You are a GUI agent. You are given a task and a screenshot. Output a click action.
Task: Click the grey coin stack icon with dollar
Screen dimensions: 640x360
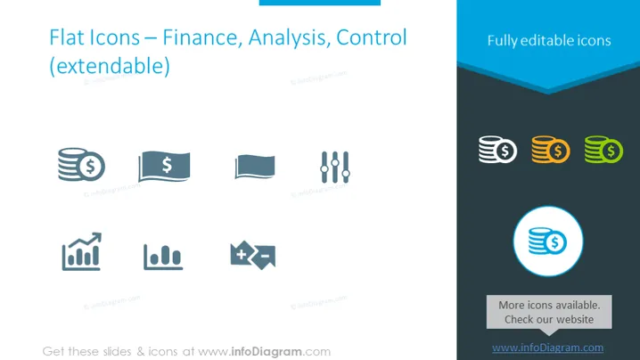(81, 164)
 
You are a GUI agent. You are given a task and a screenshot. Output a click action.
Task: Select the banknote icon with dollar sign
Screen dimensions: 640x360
(164, 166)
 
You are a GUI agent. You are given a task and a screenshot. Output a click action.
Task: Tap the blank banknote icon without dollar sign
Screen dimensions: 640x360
(255, 167)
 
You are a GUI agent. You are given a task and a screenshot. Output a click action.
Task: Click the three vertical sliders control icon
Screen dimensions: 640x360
(335, 168)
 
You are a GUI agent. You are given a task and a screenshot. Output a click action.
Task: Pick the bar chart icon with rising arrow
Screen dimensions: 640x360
(82, 251)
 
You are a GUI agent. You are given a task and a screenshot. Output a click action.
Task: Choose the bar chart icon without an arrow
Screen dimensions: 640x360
(163, 257)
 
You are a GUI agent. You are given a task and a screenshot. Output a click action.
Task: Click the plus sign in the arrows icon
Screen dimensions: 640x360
(242, 254)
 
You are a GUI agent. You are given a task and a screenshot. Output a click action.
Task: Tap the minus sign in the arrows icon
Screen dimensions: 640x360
(265, 257)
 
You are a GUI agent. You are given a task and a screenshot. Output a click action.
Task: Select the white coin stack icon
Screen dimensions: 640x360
(497, 150)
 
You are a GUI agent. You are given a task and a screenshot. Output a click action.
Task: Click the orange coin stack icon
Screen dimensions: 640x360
(551, 150)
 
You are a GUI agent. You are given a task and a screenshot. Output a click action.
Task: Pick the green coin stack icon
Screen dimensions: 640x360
(603, 150)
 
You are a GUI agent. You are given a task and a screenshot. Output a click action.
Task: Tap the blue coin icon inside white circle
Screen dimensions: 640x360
(547, 241)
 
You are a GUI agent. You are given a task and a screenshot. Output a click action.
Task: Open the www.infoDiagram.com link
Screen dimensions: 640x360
(548, 348)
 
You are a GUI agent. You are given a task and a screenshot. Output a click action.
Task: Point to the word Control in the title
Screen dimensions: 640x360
(372, 37)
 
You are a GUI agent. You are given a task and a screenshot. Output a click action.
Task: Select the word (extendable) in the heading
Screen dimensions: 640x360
(110, 66)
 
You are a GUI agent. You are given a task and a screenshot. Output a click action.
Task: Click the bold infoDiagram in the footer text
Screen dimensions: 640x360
(267, 351)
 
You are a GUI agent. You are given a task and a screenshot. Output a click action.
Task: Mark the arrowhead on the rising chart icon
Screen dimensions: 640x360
(96, 238)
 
